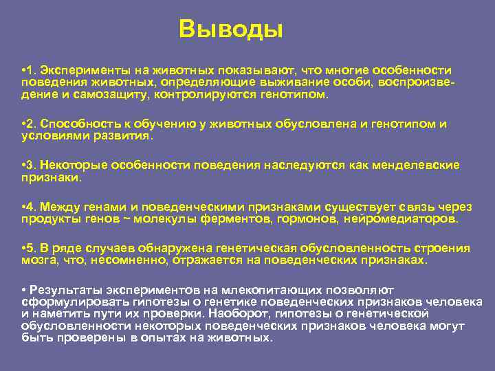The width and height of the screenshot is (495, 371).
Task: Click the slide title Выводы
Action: pyautogui.click(x=230, y=30)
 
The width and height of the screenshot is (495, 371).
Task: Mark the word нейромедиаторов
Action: pyautogui.click(x=399, y=218)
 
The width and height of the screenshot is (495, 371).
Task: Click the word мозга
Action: pyautogui.click(x=36, y=260)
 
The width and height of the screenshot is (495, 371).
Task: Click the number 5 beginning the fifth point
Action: pyautogui.click(x=31, y=247)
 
